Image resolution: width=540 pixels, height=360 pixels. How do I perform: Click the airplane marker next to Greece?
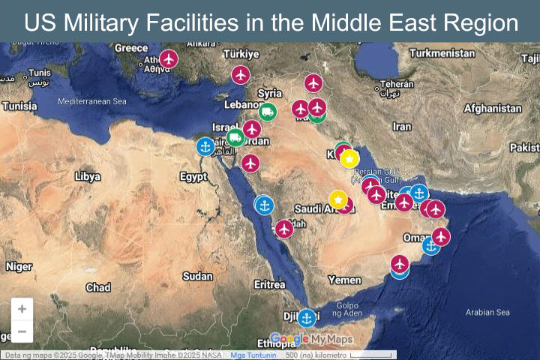point(169,58)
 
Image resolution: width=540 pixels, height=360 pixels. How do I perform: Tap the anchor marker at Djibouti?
point(306,318)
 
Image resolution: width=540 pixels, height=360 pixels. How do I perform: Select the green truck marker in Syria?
point(267,112)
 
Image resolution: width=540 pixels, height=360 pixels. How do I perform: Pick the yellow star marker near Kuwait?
point(349,158)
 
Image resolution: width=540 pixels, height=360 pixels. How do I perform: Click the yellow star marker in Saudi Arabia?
point(338,199)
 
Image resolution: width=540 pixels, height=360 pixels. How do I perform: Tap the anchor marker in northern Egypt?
point(205,147)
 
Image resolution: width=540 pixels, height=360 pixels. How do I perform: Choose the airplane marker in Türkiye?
point(240,75)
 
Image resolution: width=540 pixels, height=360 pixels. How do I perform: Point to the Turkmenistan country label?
point(442,54)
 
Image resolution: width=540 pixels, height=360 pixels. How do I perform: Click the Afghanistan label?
point(492,109)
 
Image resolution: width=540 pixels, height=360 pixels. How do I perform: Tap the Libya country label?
point(87,177)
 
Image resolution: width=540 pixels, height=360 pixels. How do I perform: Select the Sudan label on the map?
point(197,277)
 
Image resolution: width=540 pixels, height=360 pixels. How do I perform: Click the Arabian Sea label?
point(487,313)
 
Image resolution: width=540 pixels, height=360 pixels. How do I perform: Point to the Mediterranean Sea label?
point(92,101)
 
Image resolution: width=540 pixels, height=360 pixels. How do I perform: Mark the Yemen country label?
point(344,280)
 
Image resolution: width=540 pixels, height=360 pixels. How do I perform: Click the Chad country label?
point(98,287)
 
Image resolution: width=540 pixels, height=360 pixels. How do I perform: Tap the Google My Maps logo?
point(310,339)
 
